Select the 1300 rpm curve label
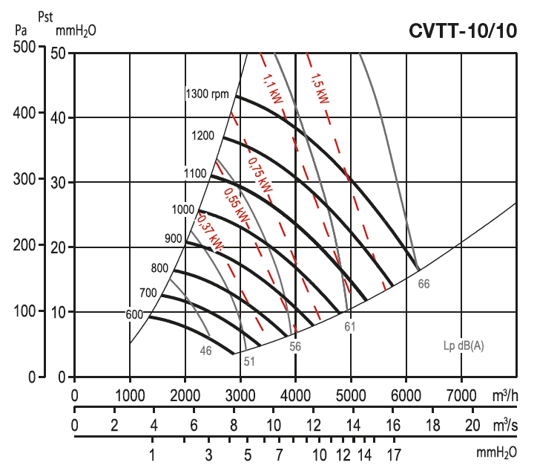(x=208, y=94)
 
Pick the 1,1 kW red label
(x=272, y=87)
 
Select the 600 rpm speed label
(x=134, y=314)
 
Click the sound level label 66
(x=424, y=283)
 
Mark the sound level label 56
(x=295, y=346)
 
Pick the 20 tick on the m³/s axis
(x=472, y=426)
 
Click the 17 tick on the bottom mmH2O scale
(x=393, y=453)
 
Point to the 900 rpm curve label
(x=173, y=238)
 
